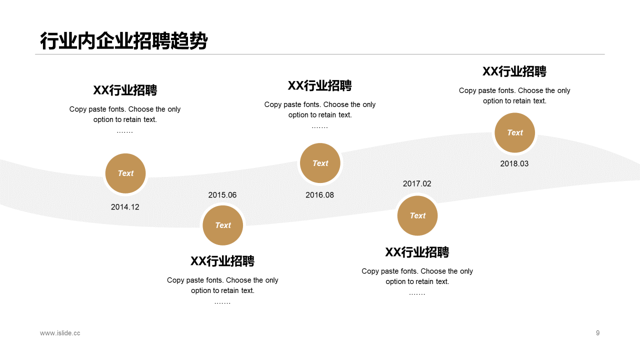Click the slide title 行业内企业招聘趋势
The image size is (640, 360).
pos(123,41)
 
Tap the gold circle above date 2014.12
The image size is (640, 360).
pos(125,173)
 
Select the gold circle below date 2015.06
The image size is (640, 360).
pos(223,225)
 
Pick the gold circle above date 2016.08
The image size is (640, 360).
pos(320,163)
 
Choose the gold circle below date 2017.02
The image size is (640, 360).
pos(417,216)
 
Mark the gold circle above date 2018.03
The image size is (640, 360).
pos(514,133)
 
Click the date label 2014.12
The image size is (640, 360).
pos(125,207)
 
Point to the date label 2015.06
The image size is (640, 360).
pos(222,195)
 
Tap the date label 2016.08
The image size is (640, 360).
pos(319,195)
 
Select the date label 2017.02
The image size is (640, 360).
pos(417,184)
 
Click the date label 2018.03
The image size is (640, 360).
pos(514,164)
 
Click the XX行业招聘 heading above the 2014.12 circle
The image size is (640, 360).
pos(125,90)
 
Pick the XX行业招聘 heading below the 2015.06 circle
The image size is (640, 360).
pos(222,261)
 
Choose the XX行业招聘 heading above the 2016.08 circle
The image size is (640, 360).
pos(320,85)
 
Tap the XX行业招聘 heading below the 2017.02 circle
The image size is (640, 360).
pos(417,252)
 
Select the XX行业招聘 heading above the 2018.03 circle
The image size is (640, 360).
pos(514,71)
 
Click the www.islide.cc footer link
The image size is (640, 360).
pos(60,333)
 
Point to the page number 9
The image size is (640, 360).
pos(597,333)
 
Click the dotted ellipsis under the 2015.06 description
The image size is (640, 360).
pos(222,303)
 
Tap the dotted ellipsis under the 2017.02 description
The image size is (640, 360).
pos(417,293)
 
